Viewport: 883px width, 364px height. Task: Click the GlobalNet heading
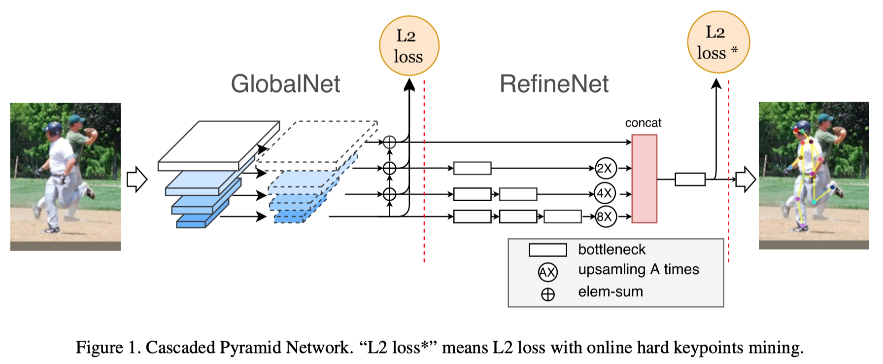click(x=285, y=84)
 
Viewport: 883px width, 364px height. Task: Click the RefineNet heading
click(x=554, y=84)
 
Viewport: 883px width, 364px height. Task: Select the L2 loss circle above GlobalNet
click(x=409, y=46)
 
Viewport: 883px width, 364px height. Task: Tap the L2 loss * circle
click(x=718, y=42)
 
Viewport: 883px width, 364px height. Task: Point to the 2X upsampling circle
click(x=606, y=168)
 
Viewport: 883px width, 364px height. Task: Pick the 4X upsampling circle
click(x=606, y=193)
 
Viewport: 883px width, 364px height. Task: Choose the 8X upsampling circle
click(x=606, y=217)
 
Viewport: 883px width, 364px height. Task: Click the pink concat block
click(x=644, y=179)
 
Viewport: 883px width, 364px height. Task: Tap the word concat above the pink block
click(x=643, y=123)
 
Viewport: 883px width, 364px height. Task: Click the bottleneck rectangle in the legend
click(x=547, y=250)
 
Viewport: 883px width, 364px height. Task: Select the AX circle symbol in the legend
click(x=548, y=272)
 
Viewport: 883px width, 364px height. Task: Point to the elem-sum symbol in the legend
click(x=548, y=294)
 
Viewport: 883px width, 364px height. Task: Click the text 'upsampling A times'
click(x=639, y=269)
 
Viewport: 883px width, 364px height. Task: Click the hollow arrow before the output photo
click(x=746, y=179)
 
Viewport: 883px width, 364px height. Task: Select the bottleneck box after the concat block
click(x=690, y=179)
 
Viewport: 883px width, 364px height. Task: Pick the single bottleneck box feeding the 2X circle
click(x=472, y=168)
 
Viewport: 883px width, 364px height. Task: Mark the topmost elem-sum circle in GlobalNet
click(x=389, y=143)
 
